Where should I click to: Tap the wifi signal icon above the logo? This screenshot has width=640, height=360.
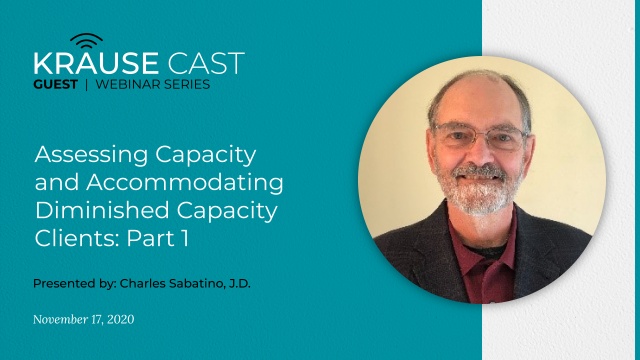point(87,41)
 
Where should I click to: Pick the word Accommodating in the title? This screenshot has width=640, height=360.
point(177,185)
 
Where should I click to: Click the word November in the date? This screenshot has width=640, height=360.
point(62,320)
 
